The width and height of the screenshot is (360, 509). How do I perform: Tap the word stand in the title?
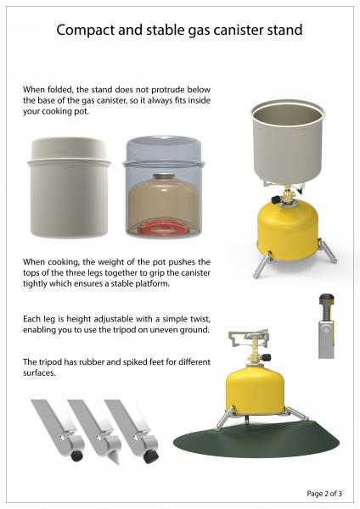tap(284, 30)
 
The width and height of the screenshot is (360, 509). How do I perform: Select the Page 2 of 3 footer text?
tap(324, 494)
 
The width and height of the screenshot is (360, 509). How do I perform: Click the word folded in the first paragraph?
tap(62, 90)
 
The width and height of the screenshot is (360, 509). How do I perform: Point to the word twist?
tap(198, 319)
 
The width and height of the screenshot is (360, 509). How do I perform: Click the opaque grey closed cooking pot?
tap(69, 187)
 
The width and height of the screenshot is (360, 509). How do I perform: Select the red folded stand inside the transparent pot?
tap(165, 227)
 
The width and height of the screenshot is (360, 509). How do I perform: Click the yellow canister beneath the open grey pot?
tap(287, 229)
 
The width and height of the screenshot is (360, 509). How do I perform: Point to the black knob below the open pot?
tap(276, 199)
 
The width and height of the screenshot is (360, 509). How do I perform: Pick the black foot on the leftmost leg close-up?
tap(76, 456)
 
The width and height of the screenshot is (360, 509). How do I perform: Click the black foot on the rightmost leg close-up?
tap(151, 456)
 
